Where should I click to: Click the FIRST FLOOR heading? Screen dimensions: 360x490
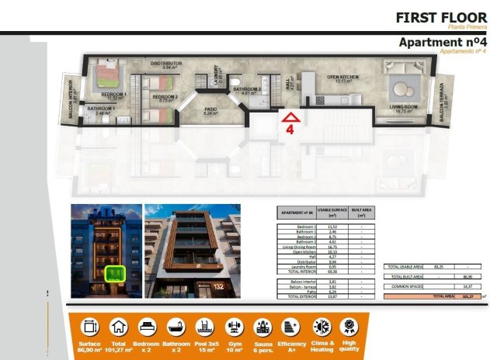(440, 16)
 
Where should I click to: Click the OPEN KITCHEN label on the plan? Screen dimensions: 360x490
(342, 78)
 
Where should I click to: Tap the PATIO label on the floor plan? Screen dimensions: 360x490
(210, 109)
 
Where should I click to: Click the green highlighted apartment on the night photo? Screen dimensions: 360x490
(115, 273)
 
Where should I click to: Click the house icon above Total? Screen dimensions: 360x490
(118, 327)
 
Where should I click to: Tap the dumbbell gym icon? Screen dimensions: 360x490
(231, 327)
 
